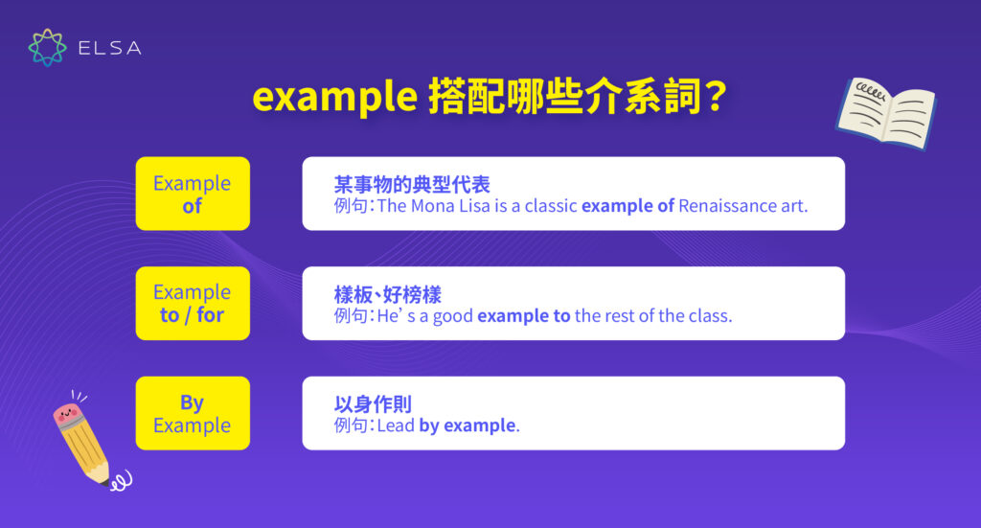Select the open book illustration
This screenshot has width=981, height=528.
pyautogui.click(x=885, y=111)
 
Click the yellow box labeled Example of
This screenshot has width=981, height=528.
pyautogui.click(x=193, y=194)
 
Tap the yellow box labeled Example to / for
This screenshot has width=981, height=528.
pyautogui.click(x=193, y=303)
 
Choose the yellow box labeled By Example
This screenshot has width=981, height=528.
pyautogui.click(x=193, y=413)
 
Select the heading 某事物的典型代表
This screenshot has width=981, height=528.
pyautogui.click(x=412, y=185)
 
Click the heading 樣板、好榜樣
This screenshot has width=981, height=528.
pyautogui.click(x=387, y=294)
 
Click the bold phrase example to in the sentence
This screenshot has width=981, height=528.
pyautogui.click(x=524, y=315)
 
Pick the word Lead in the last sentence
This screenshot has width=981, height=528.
pyautogui.click(x=395, y=425)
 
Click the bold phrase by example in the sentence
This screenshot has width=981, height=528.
pyautogui.click(x=468, y=425)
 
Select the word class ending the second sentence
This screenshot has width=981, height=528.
pyautogui.click(x=709, y=315)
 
